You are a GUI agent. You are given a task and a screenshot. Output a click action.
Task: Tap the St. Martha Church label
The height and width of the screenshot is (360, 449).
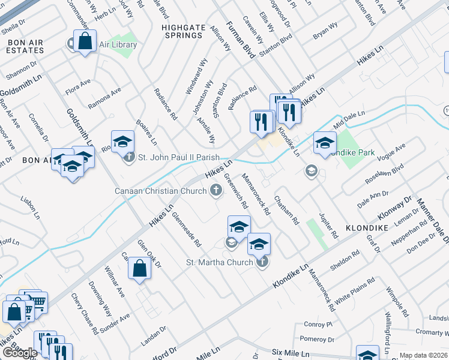[220, 262]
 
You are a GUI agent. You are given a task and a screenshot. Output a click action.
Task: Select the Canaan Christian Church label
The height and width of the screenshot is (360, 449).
[161, 191]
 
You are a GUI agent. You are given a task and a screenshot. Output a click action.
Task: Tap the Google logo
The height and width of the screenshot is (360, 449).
[20, 353]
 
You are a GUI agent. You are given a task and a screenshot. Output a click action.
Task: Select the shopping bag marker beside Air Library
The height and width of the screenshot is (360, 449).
[85, 41]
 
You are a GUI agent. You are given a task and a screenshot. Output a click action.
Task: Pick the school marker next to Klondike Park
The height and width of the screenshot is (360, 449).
[325, 143]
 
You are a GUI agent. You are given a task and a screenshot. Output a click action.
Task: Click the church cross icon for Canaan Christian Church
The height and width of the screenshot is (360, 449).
[216, 191]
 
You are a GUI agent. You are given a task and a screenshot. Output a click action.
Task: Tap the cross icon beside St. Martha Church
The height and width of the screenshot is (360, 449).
[262, 262]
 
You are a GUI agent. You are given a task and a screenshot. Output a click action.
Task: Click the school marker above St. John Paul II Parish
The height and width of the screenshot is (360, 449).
[122, 142]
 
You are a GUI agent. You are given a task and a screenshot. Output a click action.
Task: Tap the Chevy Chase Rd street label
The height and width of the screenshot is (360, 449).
[84, 313]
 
